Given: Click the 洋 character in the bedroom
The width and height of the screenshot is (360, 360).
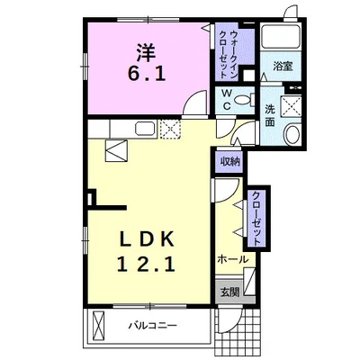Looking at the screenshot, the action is pyautogui.click(x=147, y=51).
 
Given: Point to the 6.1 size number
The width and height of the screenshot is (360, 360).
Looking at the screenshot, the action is pyautogui.click(x=147, y=74).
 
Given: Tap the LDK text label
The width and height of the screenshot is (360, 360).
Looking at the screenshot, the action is pyautogui.click(x=147, y=239).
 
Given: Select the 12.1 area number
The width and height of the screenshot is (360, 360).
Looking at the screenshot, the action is pyautogui.click(x=146, y=264).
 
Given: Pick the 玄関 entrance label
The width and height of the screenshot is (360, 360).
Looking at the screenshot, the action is pyautogui.click(x=230, y=292).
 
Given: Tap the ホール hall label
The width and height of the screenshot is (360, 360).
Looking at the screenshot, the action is pyautogui.click(x=233, y=259).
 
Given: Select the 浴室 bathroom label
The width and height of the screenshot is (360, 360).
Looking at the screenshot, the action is pyautogui.click(x=283, y=66).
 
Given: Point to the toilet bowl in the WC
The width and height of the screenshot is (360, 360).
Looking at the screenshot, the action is pyautogui.click(x=243, y=99).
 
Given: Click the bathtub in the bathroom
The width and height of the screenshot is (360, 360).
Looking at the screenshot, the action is pyautogui.click(x=281, y=36).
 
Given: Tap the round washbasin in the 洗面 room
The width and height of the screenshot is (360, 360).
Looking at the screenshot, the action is pyautogui.click(x=292, y=135).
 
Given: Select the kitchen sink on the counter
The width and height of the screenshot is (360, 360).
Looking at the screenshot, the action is pyautogui.click(x=146, y=129).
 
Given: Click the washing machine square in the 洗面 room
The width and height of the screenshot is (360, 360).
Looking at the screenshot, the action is pyautogui.click(x=291, y=105).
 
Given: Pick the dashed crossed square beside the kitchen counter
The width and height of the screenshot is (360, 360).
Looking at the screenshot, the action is pyautogui.click(x=170, y=129).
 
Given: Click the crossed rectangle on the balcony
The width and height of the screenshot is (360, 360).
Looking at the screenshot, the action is pyautogui.click(x=98, y=325).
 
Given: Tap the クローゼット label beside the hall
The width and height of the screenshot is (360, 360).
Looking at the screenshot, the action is pyautogui.click(x=256, y=218).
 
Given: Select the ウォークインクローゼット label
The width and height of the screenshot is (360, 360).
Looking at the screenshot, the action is pyautogui.click(x=229, y=54).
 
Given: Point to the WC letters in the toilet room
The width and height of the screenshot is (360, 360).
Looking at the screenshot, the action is pyautogui.click(x=227, y=99).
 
